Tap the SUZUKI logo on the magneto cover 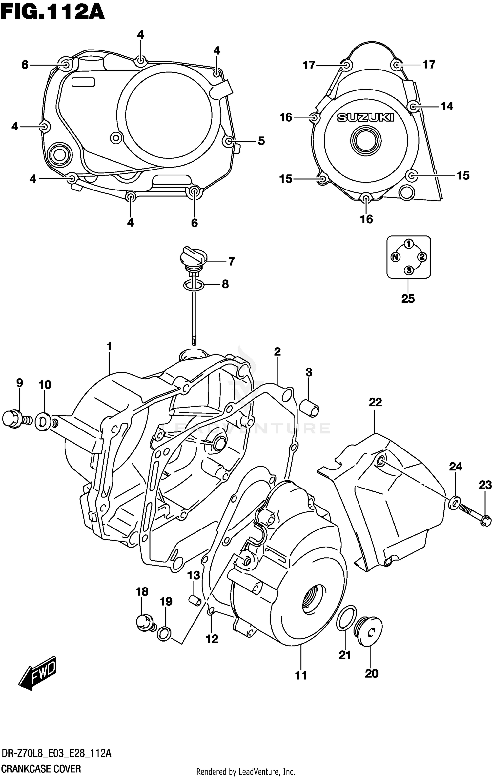[365, 117]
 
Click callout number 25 [408, 299]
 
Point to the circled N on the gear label [396, 257]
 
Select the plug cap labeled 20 [369, 630]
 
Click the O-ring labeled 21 [346, 618]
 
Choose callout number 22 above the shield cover [375, 402]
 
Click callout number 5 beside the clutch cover [261, 141]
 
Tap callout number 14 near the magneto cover [447, 106]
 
